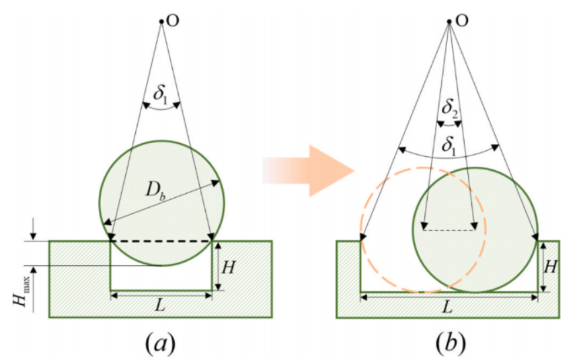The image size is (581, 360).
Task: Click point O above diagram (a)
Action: tap(161, 22)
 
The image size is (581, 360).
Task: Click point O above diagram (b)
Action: tap(449, 22)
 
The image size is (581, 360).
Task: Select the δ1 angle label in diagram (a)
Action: tap(161, 94)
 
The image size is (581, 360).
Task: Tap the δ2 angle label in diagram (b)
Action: tap(449, 108)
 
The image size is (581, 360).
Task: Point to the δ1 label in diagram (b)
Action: tap(449, 145)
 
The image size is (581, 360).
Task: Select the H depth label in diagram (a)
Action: tap(228, 267)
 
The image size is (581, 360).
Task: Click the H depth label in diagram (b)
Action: tap(551, 266)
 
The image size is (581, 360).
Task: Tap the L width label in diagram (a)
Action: tap(160, 305)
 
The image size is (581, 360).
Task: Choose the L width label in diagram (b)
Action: tap(448, 306)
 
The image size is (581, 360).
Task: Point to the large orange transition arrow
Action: tap(308, 170)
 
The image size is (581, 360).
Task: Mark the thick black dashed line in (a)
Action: tap(161, 242)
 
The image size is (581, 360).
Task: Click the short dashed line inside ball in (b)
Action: tap(449, 230)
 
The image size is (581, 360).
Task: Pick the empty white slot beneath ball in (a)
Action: tap(161, 278)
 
